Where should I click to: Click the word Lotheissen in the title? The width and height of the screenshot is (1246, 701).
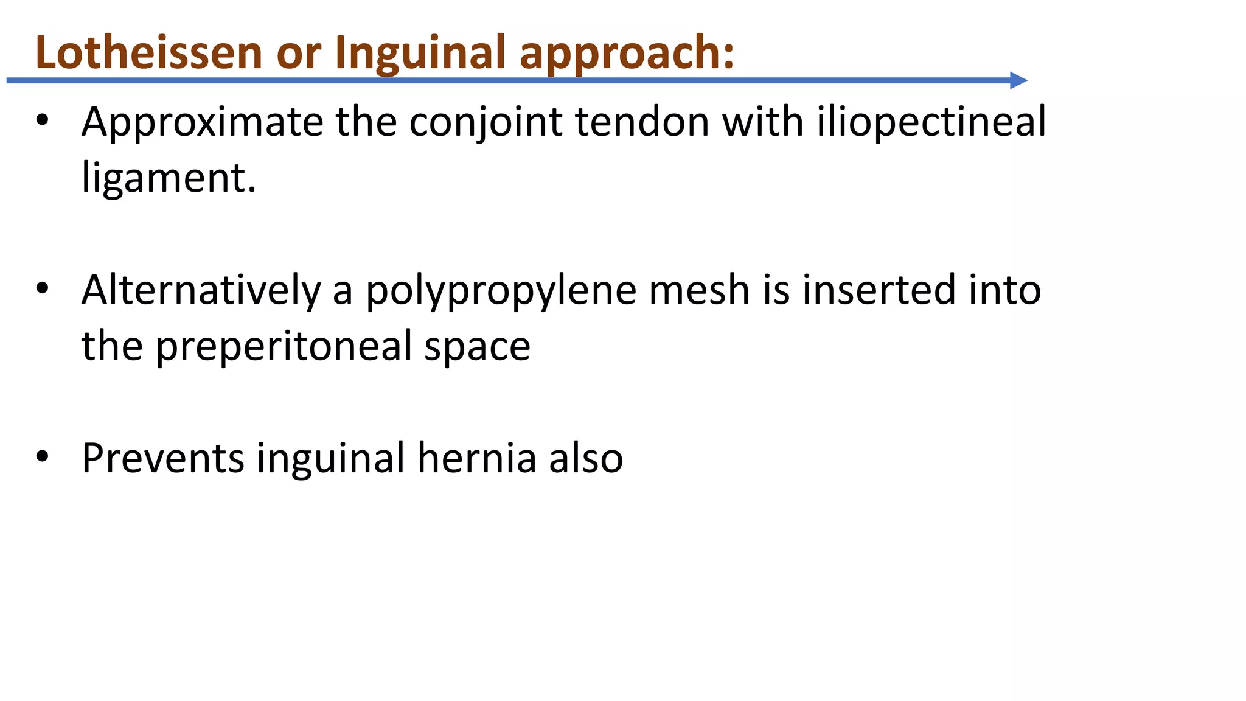click(148, 52)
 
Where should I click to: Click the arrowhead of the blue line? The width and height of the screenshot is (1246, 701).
click(1018, 80)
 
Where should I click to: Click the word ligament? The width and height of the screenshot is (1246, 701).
click(169, 179)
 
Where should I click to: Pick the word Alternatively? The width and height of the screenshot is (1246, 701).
click(201, 290)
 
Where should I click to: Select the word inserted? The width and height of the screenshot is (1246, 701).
click(879, 290)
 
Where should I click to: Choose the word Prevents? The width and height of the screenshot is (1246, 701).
click(162, 458)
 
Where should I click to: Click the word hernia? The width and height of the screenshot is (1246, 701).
click(476, 458)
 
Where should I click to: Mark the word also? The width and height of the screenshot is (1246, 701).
click(586, 458)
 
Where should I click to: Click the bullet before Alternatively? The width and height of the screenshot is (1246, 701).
click(42, 288)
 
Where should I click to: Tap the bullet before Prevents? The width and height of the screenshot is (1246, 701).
click(42, 456)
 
